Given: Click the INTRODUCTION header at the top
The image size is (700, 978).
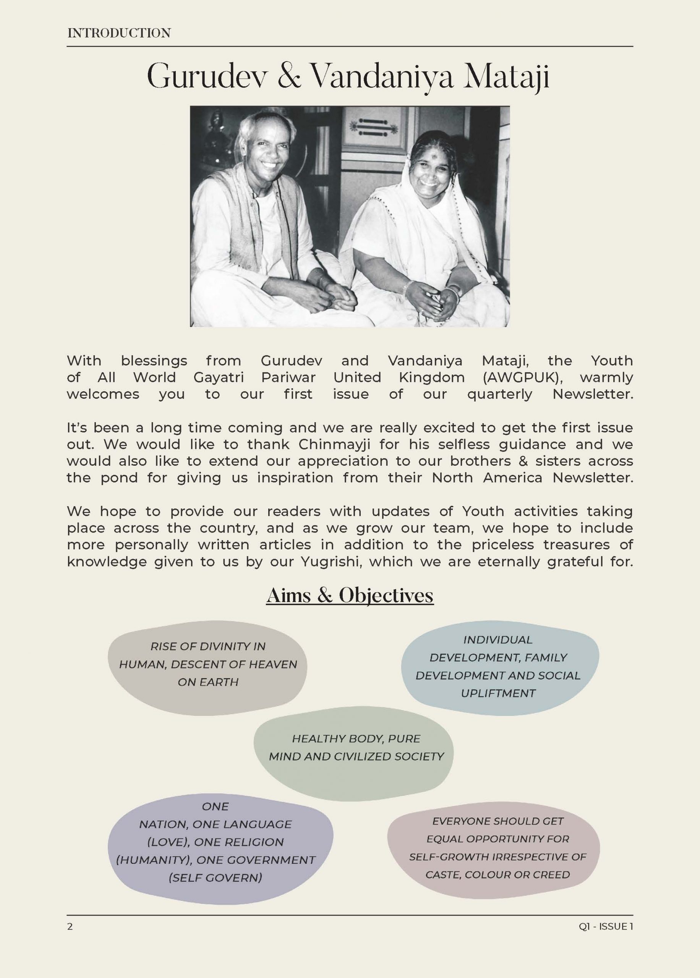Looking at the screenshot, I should coord(119,33).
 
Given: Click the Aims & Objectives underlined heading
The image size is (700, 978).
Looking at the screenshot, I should coord(350,596).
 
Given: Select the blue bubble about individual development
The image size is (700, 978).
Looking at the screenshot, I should coord(499,667).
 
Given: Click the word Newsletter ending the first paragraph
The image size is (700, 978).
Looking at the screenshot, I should coord(592,394).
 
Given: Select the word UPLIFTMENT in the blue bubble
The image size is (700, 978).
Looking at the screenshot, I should coord(498,693).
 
